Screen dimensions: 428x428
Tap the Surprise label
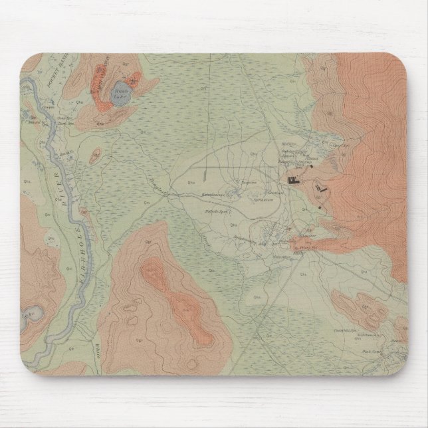[248, 180]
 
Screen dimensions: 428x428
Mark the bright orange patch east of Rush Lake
[136, 82]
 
